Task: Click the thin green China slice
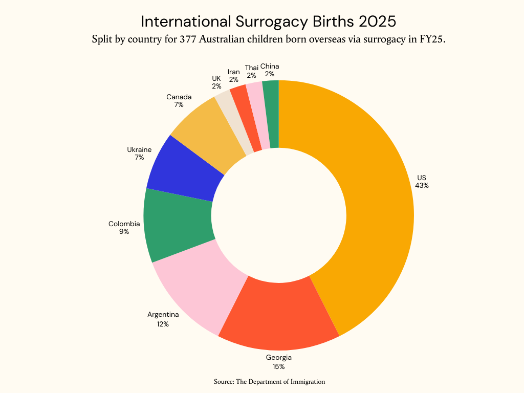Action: [x=272, y=114]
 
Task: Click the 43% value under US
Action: [x=422, y=186]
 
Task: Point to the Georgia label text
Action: [x=278, y=358]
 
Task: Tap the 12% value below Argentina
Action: [x=163, y=324]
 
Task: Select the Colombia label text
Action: [x=124, y=224]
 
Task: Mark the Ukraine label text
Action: [x=139, y=149]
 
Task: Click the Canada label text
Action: [x=179, y=97]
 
